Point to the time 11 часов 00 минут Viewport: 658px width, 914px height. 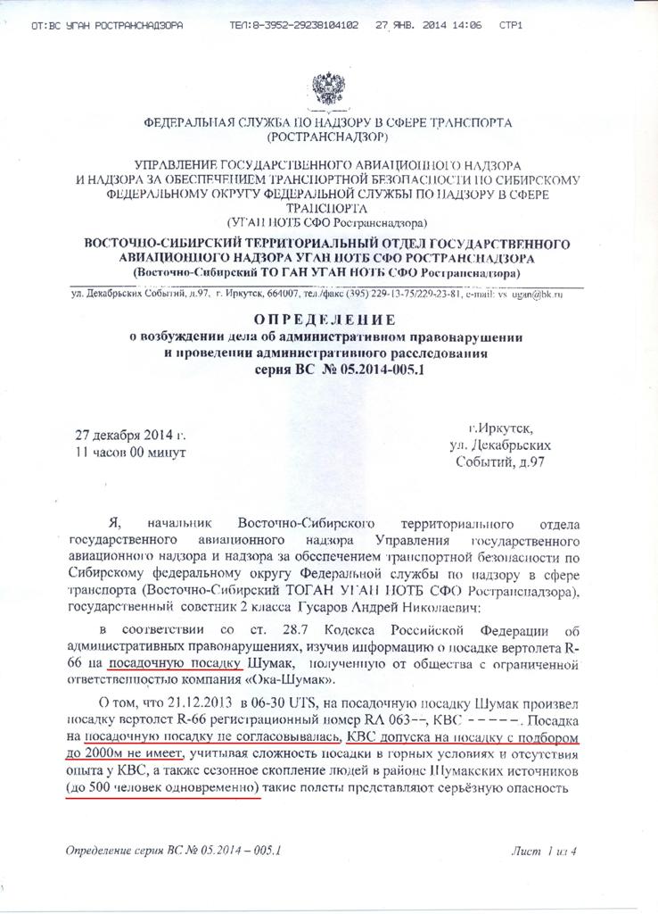131,453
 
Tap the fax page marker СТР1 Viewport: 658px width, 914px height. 510,26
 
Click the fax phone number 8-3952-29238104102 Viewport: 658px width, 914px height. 294,26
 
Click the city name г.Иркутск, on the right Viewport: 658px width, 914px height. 505,428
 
